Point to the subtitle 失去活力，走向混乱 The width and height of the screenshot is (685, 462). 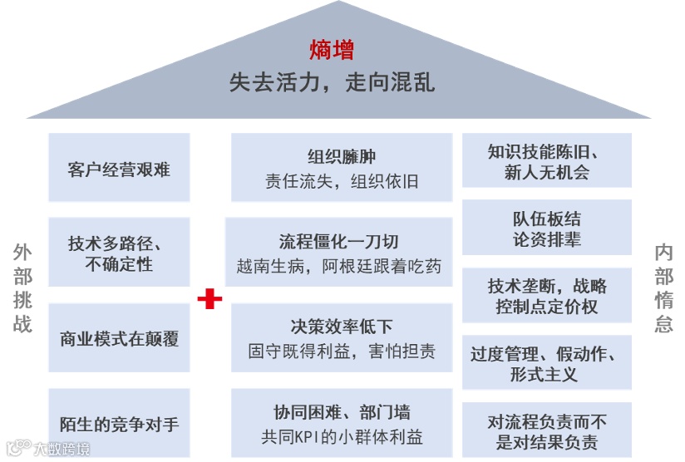(332, 84)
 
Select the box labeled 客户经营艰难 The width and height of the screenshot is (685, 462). (119, 168)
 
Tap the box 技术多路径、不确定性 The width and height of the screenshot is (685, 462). (119, 253)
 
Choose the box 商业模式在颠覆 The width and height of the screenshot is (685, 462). (119, 338)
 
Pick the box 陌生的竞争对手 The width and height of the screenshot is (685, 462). (119, 424)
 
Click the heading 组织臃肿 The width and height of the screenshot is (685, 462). (342, 155)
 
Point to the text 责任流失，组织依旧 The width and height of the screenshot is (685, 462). (342, 181)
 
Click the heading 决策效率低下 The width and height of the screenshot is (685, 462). (342, 326)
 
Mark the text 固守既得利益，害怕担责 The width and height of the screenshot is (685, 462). (342, 351)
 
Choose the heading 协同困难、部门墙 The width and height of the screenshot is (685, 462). (342, 411)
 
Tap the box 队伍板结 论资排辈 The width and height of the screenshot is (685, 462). (546, 229)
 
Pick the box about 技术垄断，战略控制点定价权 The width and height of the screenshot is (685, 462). (546, 296)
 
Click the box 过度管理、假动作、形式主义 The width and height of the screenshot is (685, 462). (546, 364)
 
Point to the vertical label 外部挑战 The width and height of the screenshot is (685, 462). (22, 288)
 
